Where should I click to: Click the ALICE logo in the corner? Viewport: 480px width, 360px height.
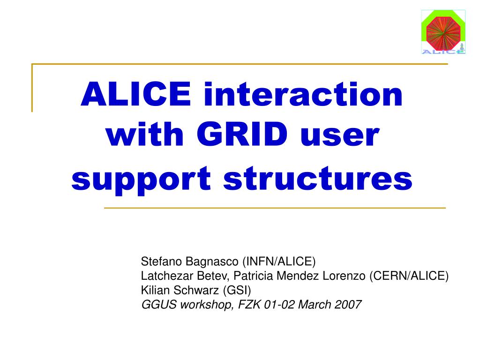coord(443,32)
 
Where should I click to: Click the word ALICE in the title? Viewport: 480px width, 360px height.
coord(136,94)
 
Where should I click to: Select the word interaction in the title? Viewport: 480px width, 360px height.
coord(303,94)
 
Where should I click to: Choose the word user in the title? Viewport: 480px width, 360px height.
coord(340,136)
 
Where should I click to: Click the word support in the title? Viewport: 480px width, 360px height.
coord(141,180)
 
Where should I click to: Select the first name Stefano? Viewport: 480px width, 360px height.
coord(161,262)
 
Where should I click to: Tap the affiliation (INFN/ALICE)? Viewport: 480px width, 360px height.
coord(279,262)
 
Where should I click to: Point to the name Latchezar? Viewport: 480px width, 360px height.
coord(167,276)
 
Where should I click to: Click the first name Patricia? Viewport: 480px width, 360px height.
coord(253,276)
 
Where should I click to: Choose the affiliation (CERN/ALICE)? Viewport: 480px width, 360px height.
coord(409,276)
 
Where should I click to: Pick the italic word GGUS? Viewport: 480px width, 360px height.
coord(159,304)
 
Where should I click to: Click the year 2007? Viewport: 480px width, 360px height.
coord(348,304)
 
